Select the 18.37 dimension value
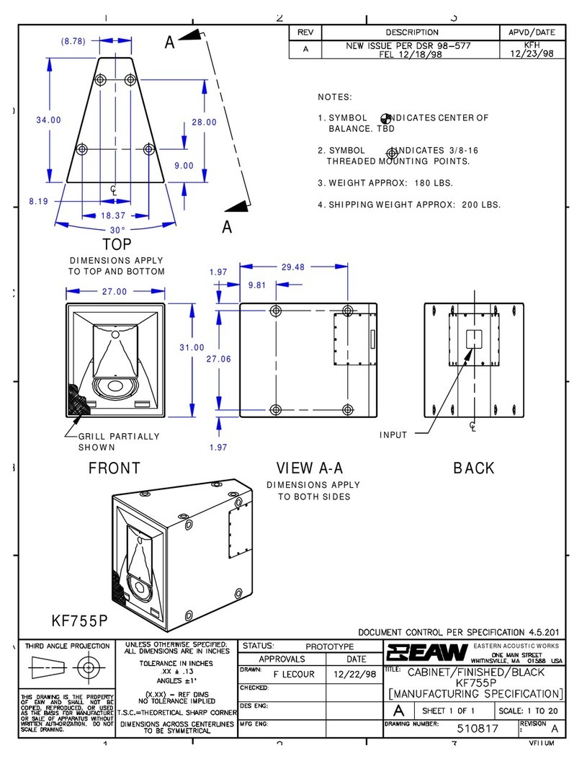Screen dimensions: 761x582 [115, 215]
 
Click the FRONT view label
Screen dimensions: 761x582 [114, 468]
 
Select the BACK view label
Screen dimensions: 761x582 [473, 468]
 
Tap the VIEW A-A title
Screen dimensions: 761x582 [312, 468]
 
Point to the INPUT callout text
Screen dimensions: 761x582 [393, 435]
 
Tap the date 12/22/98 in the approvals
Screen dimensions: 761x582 [349, 672]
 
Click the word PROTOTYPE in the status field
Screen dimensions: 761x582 [330, 646]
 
